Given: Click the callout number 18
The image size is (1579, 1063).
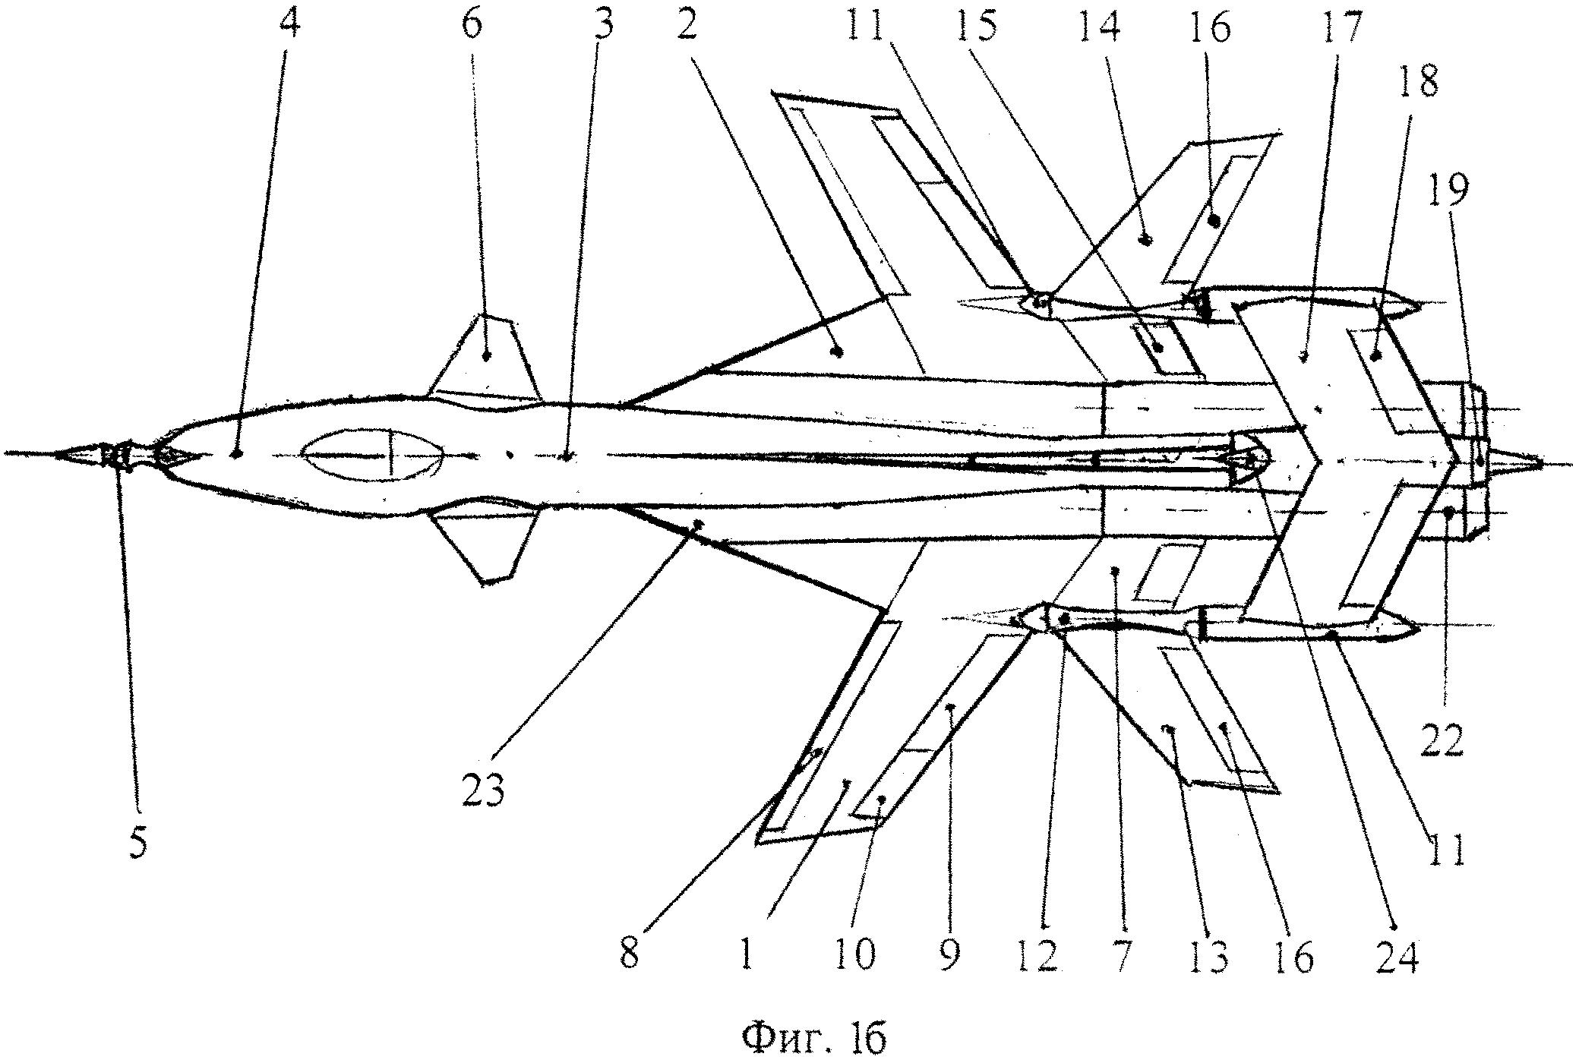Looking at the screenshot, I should pyautogui.click(x=1418, y=81).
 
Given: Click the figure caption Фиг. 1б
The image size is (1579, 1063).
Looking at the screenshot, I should pyautogui.click(x=814, y=1037).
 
